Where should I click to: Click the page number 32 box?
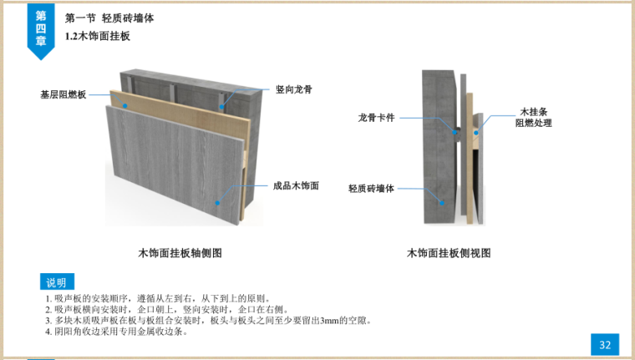[605, 344]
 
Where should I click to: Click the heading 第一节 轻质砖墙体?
[109, 18]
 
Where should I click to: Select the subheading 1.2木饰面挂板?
[97, 37]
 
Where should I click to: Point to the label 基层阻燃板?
[63, 94]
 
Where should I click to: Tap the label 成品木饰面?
[296, 186]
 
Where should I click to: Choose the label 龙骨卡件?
[376, 118]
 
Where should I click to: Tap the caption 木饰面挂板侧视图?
[449, 252]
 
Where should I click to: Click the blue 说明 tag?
[56, 281]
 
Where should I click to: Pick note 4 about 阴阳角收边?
[116, 331]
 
